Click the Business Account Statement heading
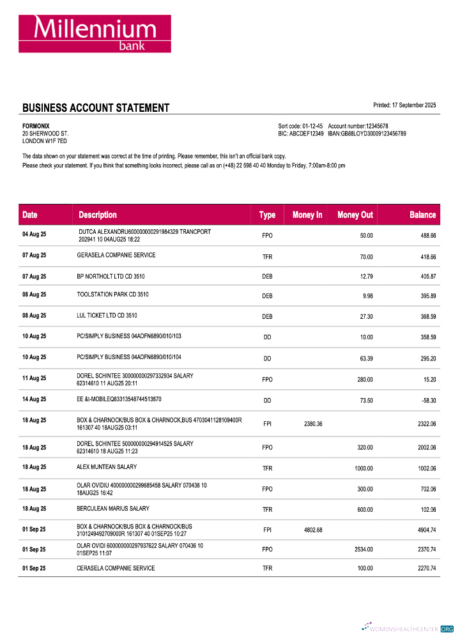pyautogui.click(x=96, y=108)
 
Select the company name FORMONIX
pyautogui.click(x=36, y=126)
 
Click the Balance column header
pyautogui.click(x=422, y=215)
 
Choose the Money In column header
pyautogui.click(x=307, y=215)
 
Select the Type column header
pyautogui.click(x=267, y=215)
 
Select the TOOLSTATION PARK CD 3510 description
pyautogui.click(x=112, y=295)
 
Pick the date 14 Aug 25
pyautogui.click(x=34, y=399)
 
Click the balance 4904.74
pyautogui.click(x=423, y=530)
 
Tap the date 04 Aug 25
pyautogui.click(x=34, y=235)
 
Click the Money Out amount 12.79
pyautogui.click(x=364, y=276)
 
